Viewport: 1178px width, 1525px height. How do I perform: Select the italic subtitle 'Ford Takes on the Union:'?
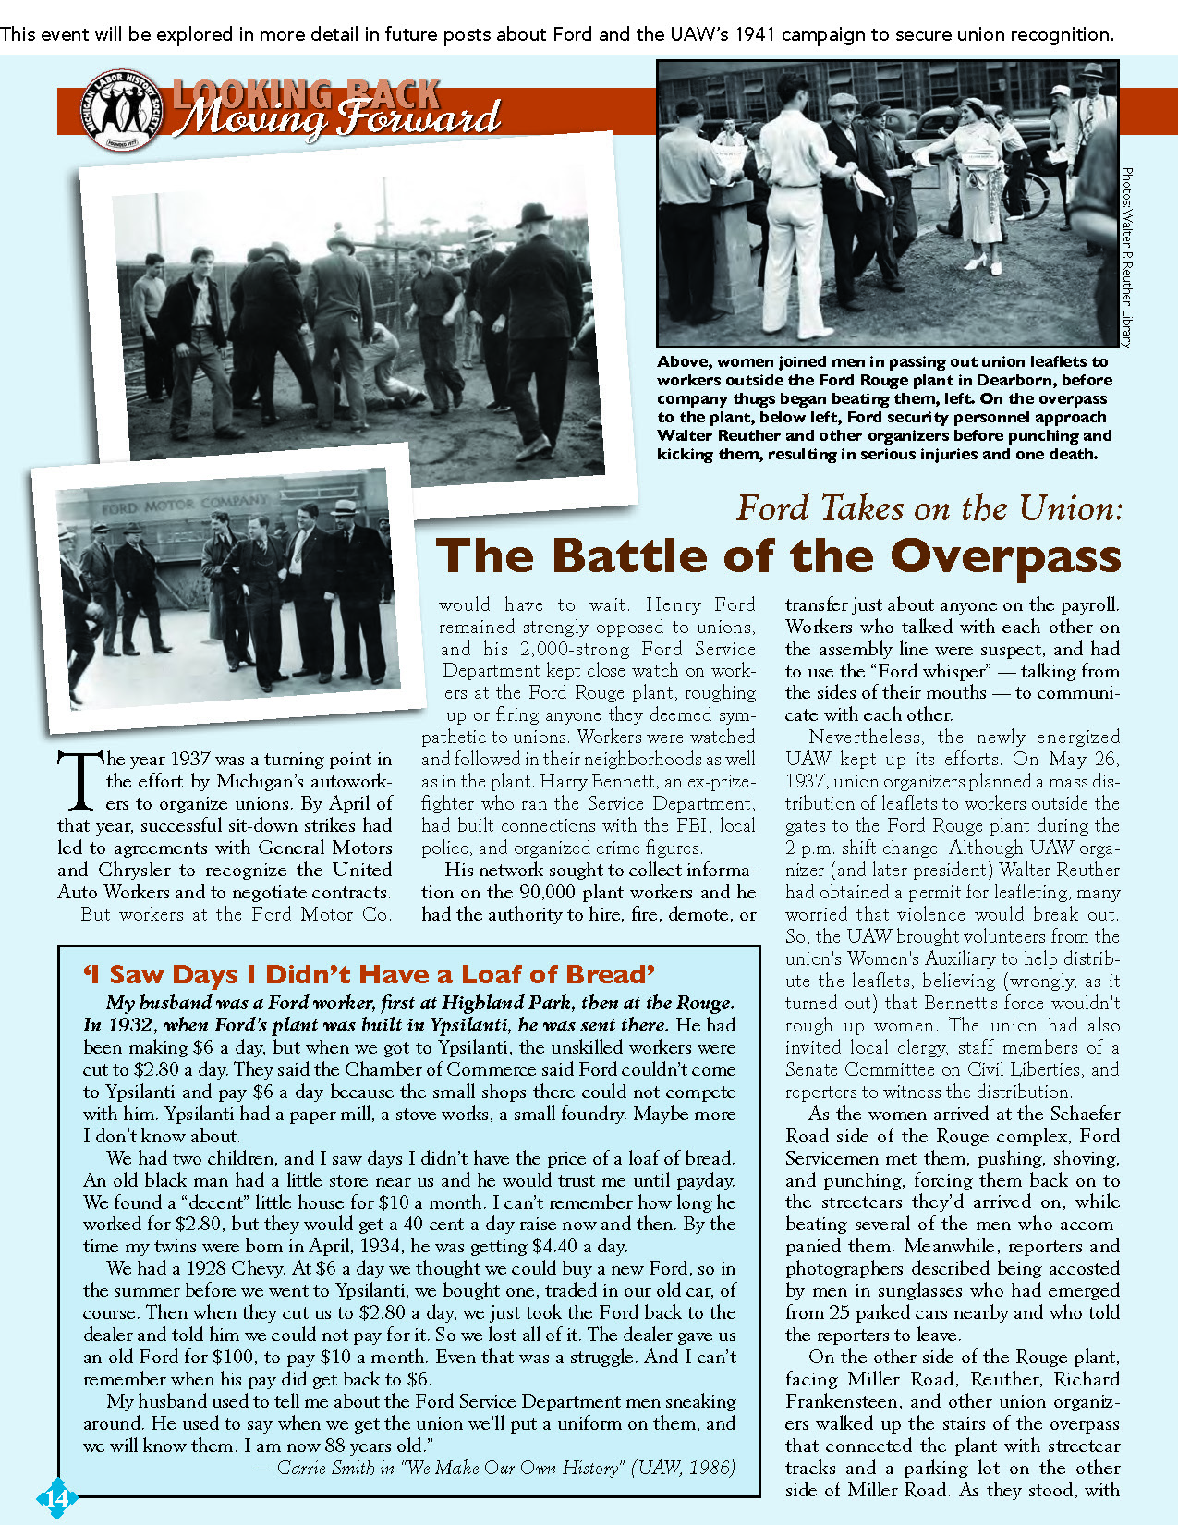click(929, 508)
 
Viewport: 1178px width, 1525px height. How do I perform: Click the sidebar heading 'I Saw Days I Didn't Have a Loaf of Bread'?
click(370, 974)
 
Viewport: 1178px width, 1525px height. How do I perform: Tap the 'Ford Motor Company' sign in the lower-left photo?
click(185, 505)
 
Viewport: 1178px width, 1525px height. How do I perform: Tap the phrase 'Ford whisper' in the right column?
click(937, 671)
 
